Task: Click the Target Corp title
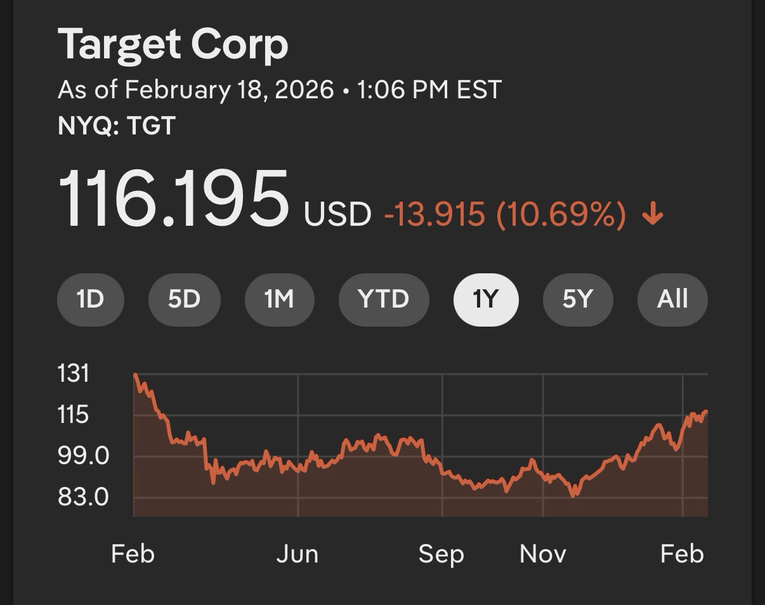tap(173, 44)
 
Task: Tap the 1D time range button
tap(90, 299)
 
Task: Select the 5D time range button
tap(184, 299)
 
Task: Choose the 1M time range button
tap(279, 299)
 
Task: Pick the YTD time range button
tap(384, 299)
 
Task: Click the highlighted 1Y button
tap(486, 299)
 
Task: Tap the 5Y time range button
tap(577, 299)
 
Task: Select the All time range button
tap(672, 299)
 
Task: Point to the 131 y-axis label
tap(74, 374)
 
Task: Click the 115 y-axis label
tap(74, 415)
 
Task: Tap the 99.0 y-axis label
tap(83, 455)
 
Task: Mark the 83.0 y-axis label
tap(83, 497)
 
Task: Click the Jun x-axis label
tap(297, 554)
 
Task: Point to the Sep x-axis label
tap(441, 554)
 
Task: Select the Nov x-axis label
tap(543, 554)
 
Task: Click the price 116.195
tap(173, 198)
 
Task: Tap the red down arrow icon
tap(653, 216)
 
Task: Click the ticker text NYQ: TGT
tap(116, 126)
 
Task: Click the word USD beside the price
tap(337, 214)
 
